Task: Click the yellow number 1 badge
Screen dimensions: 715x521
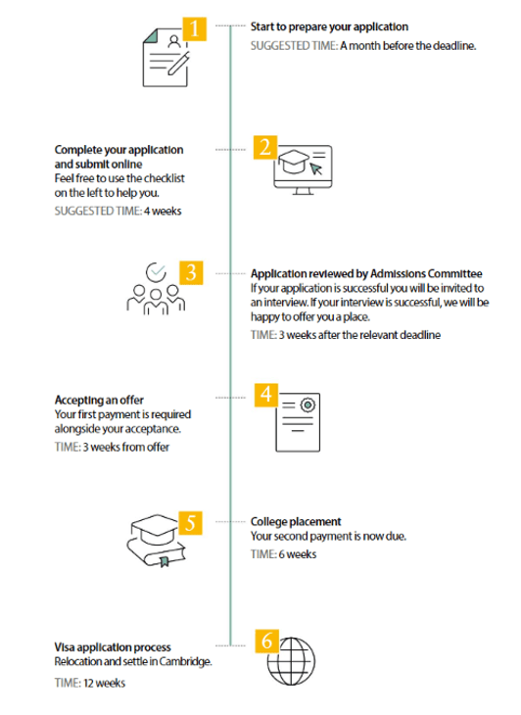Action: tap(195, 27)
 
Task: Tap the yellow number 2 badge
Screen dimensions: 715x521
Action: tap(265, 147)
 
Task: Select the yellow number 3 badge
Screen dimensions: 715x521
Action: tap(193, 272)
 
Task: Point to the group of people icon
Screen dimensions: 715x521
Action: tap(153, 290)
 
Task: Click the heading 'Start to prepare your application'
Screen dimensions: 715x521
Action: tap(329, 26)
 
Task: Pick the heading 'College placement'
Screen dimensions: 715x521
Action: tap(296, 522)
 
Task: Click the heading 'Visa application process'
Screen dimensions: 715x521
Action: tap(113, 647)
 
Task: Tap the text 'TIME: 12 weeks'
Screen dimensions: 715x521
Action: tap(90, 683)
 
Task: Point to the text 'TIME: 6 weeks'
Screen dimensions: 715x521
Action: tap(284, 554)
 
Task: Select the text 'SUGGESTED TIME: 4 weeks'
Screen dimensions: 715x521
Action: tap(118, 211)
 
